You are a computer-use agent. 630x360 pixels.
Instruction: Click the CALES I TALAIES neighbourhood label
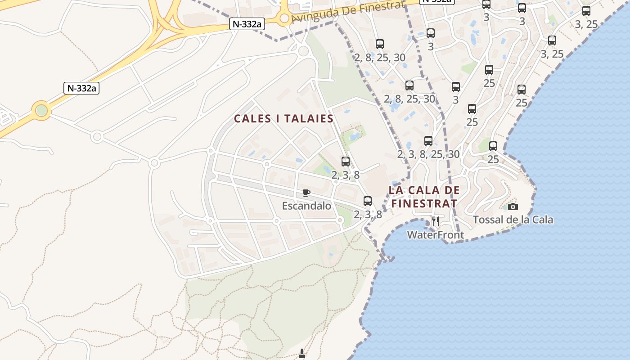tap(283, 119)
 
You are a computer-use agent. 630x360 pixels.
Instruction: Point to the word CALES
tap(252, 119)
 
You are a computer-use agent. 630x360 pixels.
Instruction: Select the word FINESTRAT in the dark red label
tap(424, 203)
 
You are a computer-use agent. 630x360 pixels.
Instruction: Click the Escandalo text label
tap(306, 206)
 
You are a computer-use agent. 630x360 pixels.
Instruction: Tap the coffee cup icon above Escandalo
tap(306, 193)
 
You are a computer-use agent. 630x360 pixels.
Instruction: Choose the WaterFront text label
tap(435, 235)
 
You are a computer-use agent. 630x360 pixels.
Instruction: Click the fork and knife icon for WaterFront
tap(435, 221)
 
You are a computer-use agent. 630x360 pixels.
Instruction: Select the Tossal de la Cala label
tap(513, 220)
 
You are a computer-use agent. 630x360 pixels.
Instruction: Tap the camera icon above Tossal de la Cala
tap(513, 207)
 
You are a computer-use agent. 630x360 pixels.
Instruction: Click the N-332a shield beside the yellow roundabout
tap(247, 24)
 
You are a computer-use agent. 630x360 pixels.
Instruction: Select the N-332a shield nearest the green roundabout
tap(82, 88)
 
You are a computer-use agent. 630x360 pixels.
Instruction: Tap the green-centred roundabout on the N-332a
tap(41, 110)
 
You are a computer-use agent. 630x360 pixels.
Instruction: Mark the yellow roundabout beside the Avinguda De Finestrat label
tap(284, 18)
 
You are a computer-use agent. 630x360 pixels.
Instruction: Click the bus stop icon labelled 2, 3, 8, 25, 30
tap(428, 141)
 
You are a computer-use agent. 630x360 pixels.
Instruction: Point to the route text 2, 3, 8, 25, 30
tap(428, 154)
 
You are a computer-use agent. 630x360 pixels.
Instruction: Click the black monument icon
tap(302, 355)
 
